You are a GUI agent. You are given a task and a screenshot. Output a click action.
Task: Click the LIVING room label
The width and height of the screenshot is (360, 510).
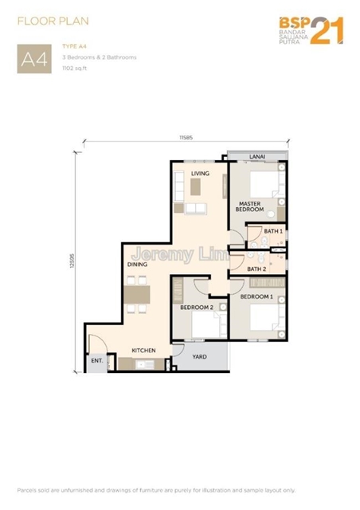pos(200,174)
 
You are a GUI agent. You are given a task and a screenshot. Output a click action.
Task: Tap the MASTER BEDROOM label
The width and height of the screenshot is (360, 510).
pos(250,206)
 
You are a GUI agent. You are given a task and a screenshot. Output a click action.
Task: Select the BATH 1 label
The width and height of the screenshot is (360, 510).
pos(273,231)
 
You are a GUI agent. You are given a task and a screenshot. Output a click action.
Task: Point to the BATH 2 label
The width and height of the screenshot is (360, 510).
pos(256,269)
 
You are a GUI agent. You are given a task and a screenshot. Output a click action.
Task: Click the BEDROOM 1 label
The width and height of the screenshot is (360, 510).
pos(256,296)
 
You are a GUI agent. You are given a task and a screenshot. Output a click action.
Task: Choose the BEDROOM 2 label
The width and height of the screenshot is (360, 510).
pos(197,308)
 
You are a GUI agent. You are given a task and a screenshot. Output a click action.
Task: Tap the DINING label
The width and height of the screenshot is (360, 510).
pos(137,265)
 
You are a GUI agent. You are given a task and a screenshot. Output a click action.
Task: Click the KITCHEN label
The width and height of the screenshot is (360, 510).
pos(143,351)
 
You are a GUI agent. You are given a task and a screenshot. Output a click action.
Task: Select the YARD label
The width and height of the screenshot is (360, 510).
pos(199,356)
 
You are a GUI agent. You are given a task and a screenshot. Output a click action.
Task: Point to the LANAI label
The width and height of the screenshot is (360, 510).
pos(257,156)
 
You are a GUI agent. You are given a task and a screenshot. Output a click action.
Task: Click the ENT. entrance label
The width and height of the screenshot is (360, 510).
pos(97,360)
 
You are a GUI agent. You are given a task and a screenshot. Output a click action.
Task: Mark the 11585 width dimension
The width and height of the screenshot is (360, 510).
pos(186,138)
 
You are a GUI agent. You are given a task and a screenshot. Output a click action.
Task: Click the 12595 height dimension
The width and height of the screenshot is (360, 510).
pos(72,261)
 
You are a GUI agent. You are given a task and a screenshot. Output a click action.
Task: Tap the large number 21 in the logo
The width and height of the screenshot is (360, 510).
pos(327,30)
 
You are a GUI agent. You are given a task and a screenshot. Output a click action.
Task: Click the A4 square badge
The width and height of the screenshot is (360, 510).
pos(34,59)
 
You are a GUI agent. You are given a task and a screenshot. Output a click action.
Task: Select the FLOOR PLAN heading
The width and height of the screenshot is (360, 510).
pos(53,22)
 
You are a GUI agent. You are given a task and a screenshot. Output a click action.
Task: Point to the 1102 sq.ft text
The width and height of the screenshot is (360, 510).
pos(75,69)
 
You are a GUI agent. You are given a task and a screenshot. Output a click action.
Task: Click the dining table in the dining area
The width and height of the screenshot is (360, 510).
pos(137,294)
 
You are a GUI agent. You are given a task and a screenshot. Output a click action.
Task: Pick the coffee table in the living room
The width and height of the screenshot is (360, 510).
pos(195,186)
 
